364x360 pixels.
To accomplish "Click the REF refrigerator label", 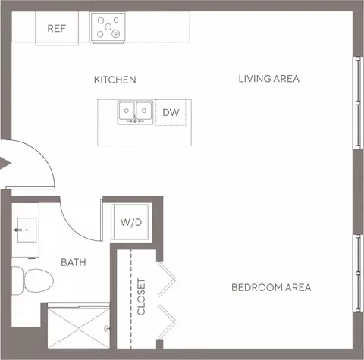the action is coord(57,29).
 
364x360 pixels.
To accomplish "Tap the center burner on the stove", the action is coord(108,27).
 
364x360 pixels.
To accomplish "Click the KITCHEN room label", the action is coord(115,80).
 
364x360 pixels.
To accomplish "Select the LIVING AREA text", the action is coord(269,79).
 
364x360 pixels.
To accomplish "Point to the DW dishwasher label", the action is coord(171,112).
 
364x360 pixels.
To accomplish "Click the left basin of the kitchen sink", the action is coord(127,111).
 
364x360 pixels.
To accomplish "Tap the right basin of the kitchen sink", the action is coord(144,111).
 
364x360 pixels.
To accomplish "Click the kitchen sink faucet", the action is coord(135,120).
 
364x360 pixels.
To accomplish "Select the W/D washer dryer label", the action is coord(131,222).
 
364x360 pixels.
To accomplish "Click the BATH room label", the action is coord(74,262).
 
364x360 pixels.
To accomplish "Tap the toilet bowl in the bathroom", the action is coord(39,280).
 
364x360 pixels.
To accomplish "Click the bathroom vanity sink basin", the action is coord(27,230).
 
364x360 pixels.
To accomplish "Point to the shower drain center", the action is coord(79,329).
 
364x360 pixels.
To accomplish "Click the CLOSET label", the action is coord(141,297).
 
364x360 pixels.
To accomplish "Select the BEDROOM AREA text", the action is coord(271,287).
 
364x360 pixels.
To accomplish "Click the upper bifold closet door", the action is coord(167,280).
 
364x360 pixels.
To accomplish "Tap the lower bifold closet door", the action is coord(167,322).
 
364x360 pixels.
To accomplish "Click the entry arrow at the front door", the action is coord(5,163).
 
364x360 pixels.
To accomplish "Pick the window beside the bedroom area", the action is coord(358,273).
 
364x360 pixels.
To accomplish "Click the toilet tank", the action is coord(17,280).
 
